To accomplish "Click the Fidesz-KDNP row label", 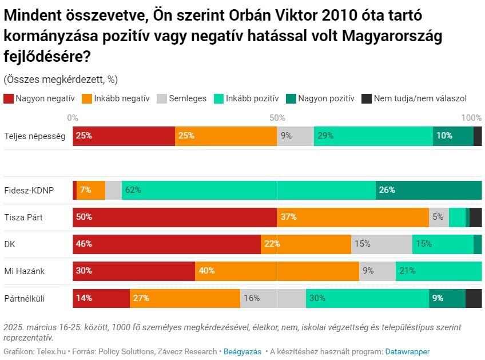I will pos(29,190).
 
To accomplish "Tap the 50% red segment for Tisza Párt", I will pos(174,217).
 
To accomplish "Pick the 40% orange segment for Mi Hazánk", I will pos(277,271).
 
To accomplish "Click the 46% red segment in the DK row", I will pos(166,244).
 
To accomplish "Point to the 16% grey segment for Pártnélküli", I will pos(273,298).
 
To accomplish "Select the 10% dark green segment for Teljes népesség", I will pos(453,136).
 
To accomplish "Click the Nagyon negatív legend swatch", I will pos(8,98).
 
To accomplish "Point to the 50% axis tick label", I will pos(277,118).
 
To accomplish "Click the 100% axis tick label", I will pos(471,118).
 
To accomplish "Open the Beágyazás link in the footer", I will pos(242,351).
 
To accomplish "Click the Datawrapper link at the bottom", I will pos(407,351).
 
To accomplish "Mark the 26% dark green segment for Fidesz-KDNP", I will pos(428,190).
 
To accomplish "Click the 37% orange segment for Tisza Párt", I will pos(353,217).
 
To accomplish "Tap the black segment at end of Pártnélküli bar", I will pos(474,298).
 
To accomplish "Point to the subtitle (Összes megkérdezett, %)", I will pos(61,79).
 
